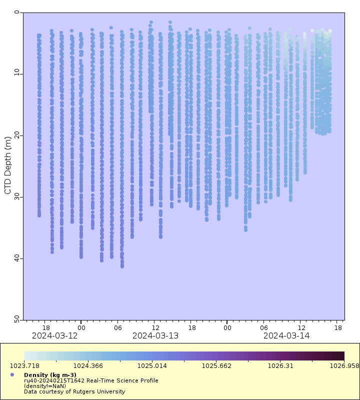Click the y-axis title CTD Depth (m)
7,165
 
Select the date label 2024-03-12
55,335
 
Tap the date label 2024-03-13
155,335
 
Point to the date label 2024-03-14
286,335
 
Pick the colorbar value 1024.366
88,365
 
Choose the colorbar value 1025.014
152,365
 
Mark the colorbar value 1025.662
216,365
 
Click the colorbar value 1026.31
280,365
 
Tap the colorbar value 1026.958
344,365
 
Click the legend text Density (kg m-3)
50,375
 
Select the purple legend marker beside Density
12,374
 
